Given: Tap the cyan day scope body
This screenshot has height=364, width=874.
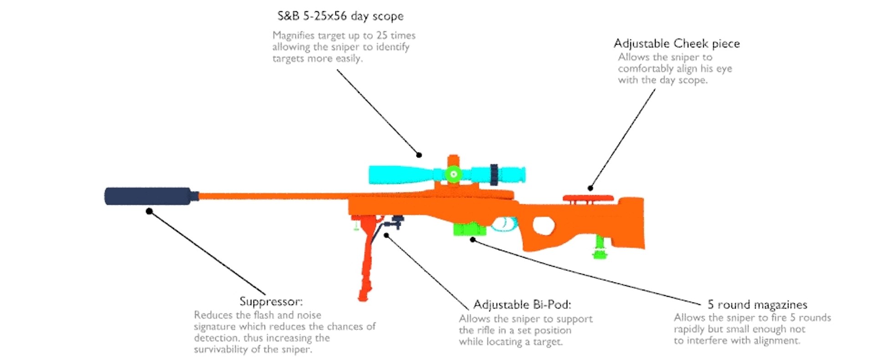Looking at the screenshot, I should (401, 174).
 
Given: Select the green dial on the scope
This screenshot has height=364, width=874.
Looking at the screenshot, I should (453, 174).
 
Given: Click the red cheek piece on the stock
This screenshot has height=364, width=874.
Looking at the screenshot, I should (588, 198).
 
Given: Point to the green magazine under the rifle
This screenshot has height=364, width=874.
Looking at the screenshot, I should (469, 229).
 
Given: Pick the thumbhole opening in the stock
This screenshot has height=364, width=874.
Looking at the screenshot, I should (544, 225).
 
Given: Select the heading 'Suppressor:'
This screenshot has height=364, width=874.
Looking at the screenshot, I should (271, 301).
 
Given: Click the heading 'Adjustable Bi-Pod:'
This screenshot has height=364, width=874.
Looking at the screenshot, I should (522, 304).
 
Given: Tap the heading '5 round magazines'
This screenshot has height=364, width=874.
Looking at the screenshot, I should (757, 304).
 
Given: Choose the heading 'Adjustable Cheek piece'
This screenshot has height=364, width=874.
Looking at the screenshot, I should (676, 44).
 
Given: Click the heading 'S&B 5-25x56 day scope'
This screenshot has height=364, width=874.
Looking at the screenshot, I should (340, 16).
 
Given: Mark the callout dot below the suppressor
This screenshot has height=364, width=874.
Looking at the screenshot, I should (149, 211).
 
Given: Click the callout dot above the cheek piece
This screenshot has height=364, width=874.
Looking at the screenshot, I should (590, 188).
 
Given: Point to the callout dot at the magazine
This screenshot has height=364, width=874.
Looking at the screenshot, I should (473, 239).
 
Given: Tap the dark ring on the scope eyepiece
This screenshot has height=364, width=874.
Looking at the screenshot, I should (494, 174).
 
